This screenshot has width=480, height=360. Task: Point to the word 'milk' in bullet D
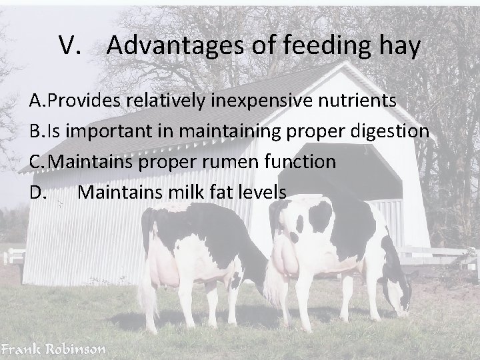175,193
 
